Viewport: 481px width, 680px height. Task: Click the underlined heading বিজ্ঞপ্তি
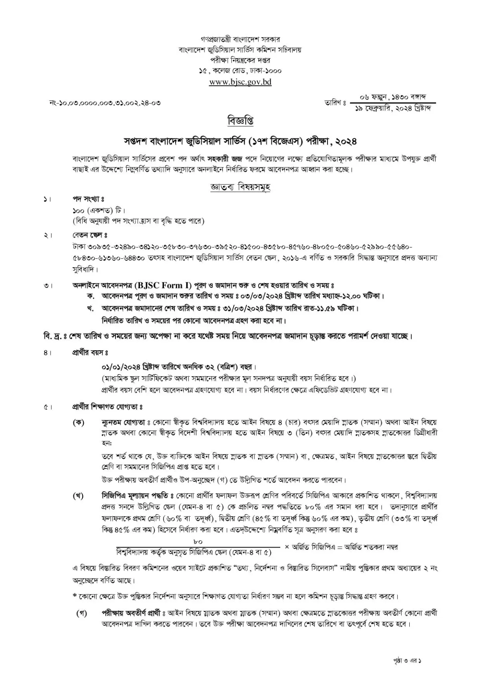click(240, 120)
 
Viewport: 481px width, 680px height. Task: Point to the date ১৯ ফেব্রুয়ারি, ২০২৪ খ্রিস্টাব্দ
click(393, 109)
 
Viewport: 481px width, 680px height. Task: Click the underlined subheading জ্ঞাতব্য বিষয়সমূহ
click(240, 187)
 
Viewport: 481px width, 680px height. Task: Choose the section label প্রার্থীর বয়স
click(89, 353)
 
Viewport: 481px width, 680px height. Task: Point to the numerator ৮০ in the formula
click(198, 542)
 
